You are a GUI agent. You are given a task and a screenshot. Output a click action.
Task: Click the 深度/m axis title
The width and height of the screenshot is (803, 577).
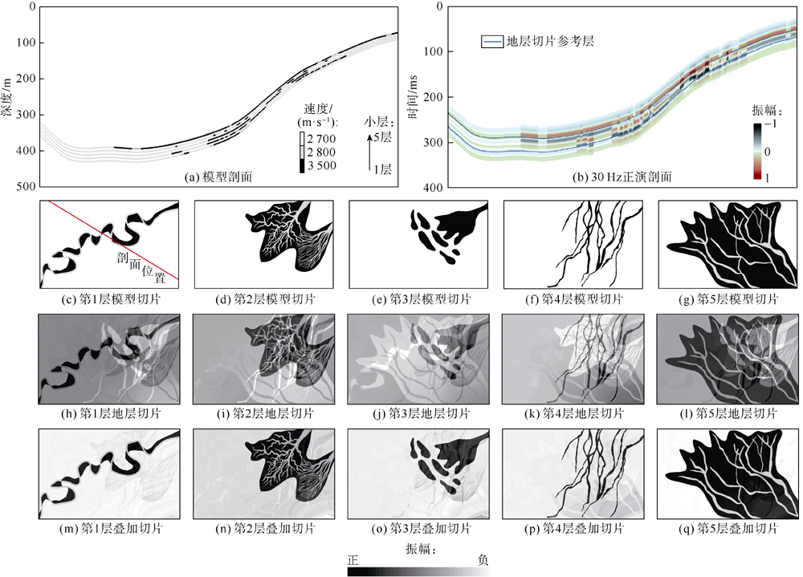coord(7,96)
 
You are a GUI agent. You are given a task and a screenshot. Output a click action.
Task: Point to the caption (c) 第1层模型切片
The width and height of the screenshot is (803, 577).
coord(109,299)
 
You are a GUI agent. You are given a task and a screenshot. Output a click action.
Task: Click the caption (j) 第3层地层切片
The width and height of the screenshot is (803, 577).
coord(418,414)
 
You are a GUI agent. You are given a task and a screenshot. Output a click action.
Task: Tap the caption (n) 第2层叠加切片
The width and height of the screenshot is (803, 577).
coord(264,529)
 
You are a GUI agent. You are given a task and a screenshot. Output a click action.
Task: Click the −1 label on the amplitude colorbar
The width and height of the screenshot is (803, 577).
coord(769,125)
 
